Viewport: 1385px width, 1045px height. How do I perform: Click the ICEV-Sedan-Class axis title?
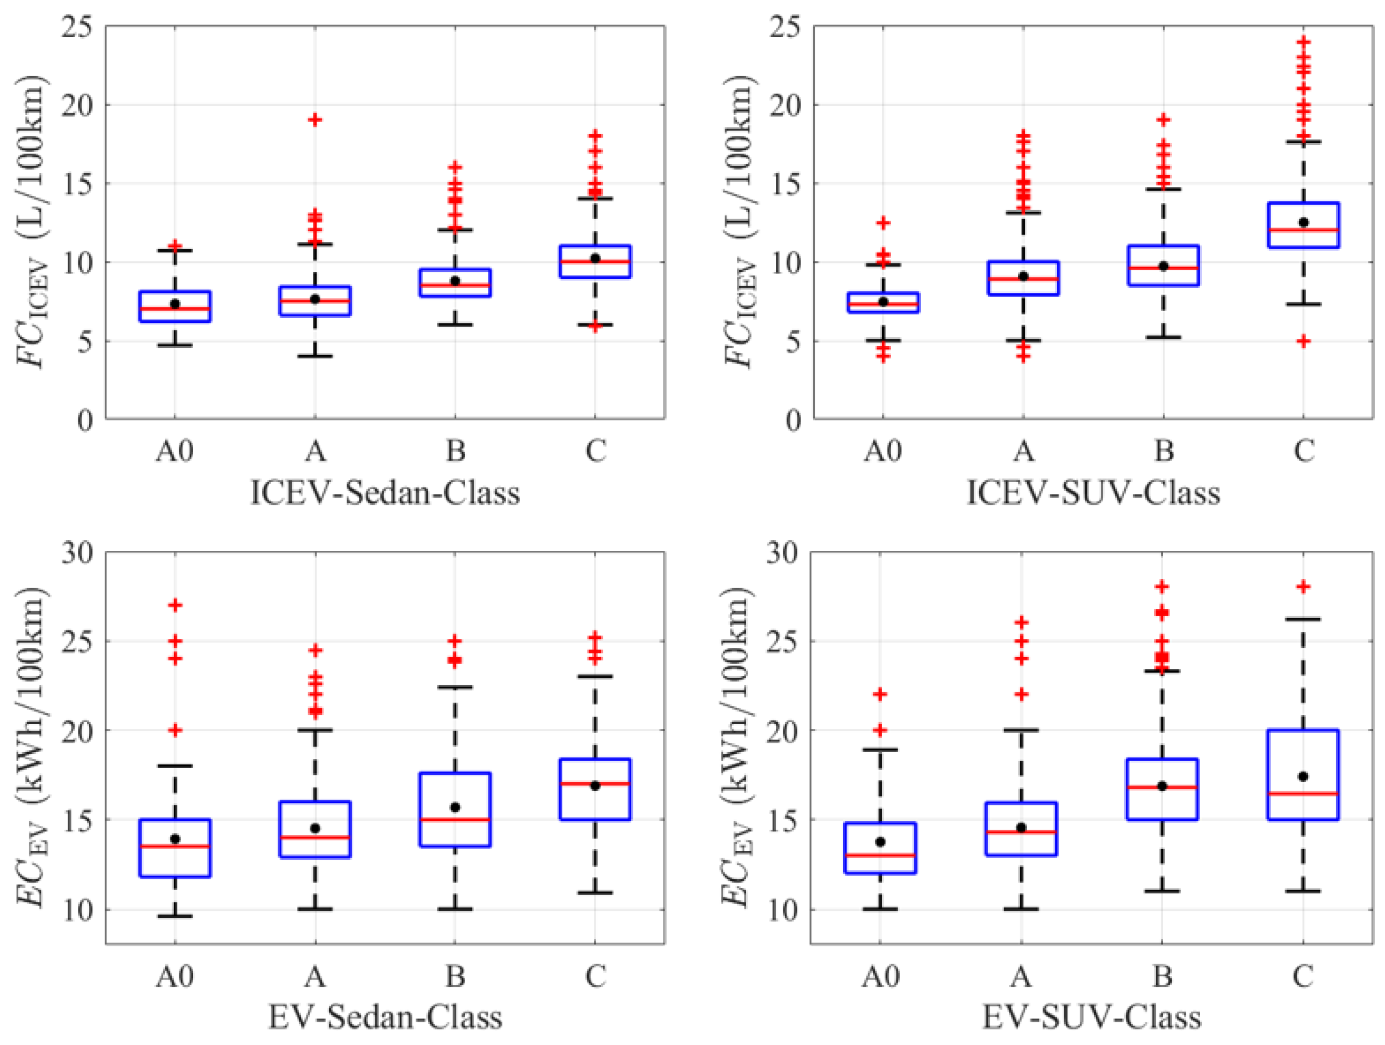[385, 493]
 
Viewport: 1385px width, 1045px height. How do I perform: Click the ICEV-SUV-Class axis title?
[1093, 493]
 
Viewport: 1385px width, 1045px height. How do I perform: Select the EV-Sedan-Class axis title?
[385, 1017]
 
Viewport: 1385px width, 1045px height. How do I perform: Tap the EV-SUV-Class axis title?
[1092, 1017]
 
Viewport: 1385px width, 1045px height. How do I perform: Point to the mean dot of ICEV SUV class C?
[1303, 222]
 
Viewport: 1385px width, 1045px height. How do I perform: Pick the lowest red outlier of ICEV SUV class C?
[1303, 341]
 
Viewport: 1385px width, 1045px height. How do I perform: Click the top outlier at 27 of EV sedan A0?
[175, 605]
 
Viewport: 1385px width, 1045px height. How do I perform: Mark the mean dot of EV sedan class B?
[455, 807]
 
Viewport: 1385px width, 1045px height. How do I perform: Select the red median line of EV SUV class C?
[1303, 793]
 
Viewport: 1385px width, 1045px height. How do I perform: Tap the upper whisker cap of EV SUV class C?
[1303, 620]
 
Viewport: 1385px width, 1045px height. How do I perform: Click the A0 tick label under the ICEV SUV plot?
[883, 450]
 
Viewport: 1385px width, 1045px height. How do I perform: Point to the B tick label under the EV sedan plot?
[455, 976]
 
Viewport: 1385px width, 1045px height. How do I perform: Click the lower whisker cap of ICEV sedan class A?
[315, 356]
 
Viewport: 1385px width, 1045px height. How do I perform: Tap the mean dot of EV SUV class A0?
[880, 841]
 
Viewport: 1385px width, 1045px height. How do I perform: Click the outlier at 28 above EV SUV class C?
[1303, 586]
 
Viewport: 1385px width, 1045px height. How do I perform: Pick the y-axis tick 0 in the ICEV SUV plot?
[793, 420]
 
